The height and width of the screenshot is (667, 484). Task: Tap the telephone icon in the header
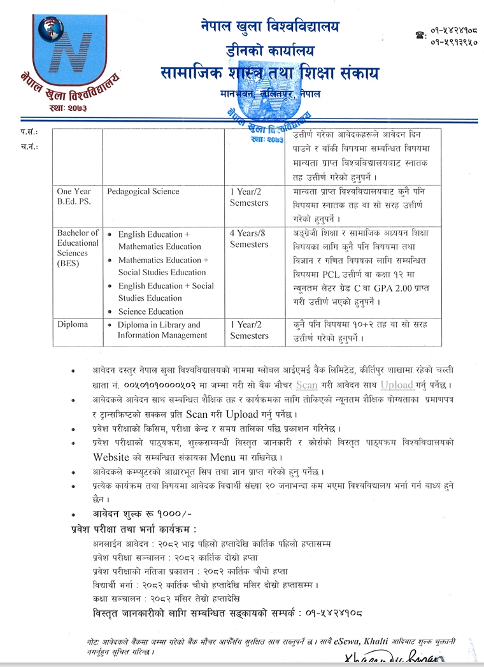tap(420, 36)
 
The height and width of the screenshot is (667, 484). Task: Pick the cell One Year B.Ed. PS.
tap(75, 197)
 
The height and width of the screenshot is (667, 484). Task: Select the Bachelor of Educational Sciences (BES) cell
tap(78, 248)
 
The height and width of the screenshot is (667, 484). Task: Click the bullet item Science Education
tap(150, 312)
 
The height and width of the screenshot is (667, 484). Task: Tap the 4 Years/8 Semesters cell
tap(249, 238)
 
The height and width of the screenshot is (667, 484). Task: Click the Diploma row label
tap(73, 324)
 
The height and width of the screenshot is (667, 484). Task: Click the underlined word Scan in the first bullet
tap(306, 385)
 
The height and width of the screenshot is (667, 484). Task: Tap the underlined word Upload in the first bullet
tap(397, 385)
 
